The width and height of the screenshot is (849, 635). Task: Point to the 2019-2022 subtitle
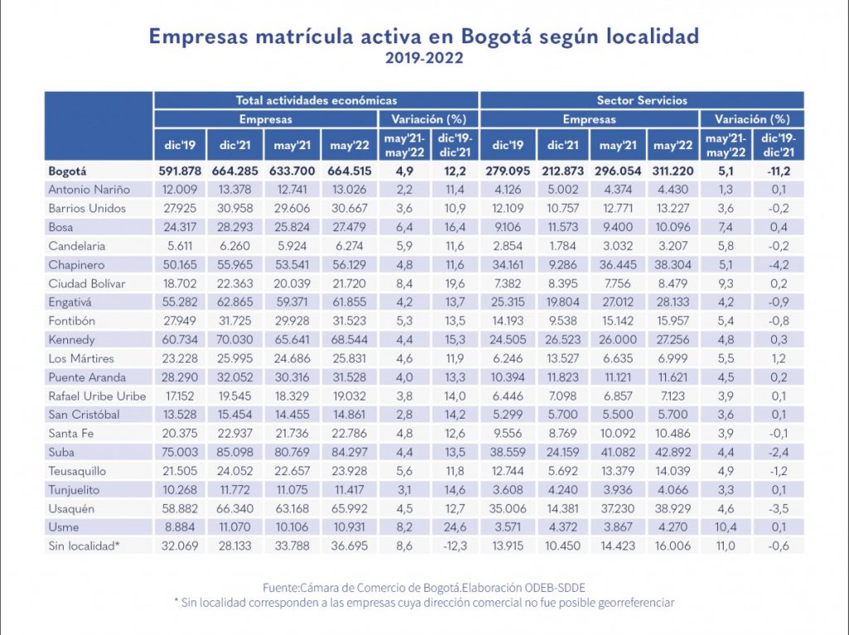424,58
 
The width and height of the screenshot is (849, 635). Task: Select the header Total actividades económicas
316,100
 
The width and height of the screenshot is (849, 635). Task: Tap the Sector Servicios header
642,100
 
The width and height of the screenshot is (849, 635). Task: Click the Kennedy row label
71,340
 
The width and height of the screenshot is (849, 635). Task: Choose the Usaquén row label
72,508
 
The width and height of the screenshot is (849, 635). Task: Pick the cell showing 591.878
179,172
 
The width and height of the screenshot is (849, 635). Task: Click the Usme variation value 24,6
454,527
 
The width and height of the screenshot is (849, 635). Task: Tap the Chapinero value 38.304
672,264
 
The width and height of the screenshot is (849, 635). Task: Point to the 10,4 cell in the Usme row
725,527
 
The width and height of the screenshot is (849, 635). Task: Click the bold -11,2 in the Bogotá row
779,172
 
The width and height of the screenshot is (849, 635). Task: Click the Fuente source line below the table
424,586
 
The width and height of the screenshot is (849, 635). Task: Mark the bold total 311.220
672,172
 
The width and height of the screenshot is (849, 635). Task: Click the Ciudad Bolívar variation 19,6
454,284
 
